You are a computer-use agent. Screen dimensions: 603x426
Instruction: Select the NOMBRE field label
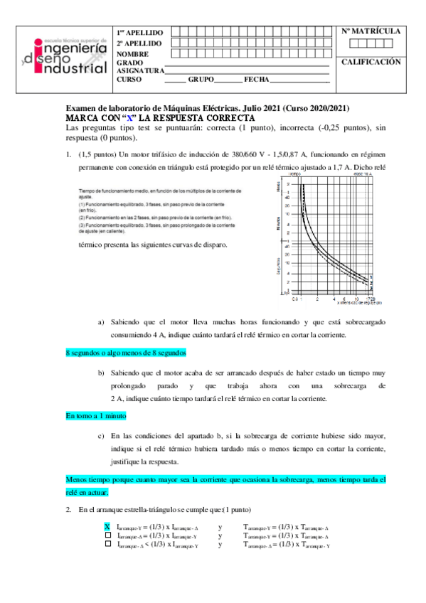(133, 54)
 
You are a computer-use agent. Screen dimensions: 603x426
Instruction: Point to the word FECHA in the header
(255, 80)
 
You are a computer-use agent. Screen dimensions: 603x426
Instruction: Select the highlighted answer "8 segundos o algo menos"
(126, 352)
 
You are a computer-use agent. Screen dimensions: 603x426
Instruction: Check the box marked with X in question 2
(107, 527)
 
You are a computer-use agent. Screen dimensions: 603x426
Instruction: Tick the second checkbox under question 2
(107, 535)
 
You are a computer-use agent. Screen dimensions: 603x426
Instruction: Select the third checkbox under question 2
(107, 544)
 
